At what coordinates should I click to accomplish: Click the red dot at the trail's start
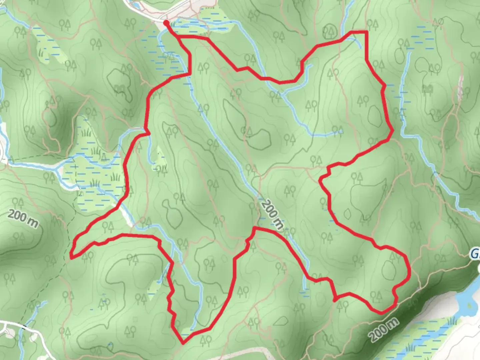point(166,23)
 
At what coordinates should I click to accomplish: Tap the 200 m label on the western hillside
point(23,219)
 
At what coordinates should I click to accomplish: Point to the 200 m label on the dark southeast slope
point(384,329)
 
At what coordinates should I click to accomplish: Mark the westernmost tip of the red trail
point(71,257)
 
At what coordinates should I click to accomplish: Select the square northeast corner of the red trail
point(367,32)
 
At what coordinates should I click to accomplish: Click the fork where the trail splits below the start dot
point(180,38)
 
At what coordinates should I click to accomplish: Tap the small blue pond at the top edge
point(136,5)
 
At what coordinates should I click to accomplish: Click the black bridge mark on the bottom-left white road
point(24,326)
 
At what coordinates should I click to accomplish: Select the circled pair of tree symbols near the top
point(330,31)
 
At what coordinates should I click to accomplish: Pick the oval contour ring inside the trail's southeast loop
point(388,270)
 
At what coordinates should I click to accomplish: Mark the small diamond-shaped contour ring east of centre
point(347,213)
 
